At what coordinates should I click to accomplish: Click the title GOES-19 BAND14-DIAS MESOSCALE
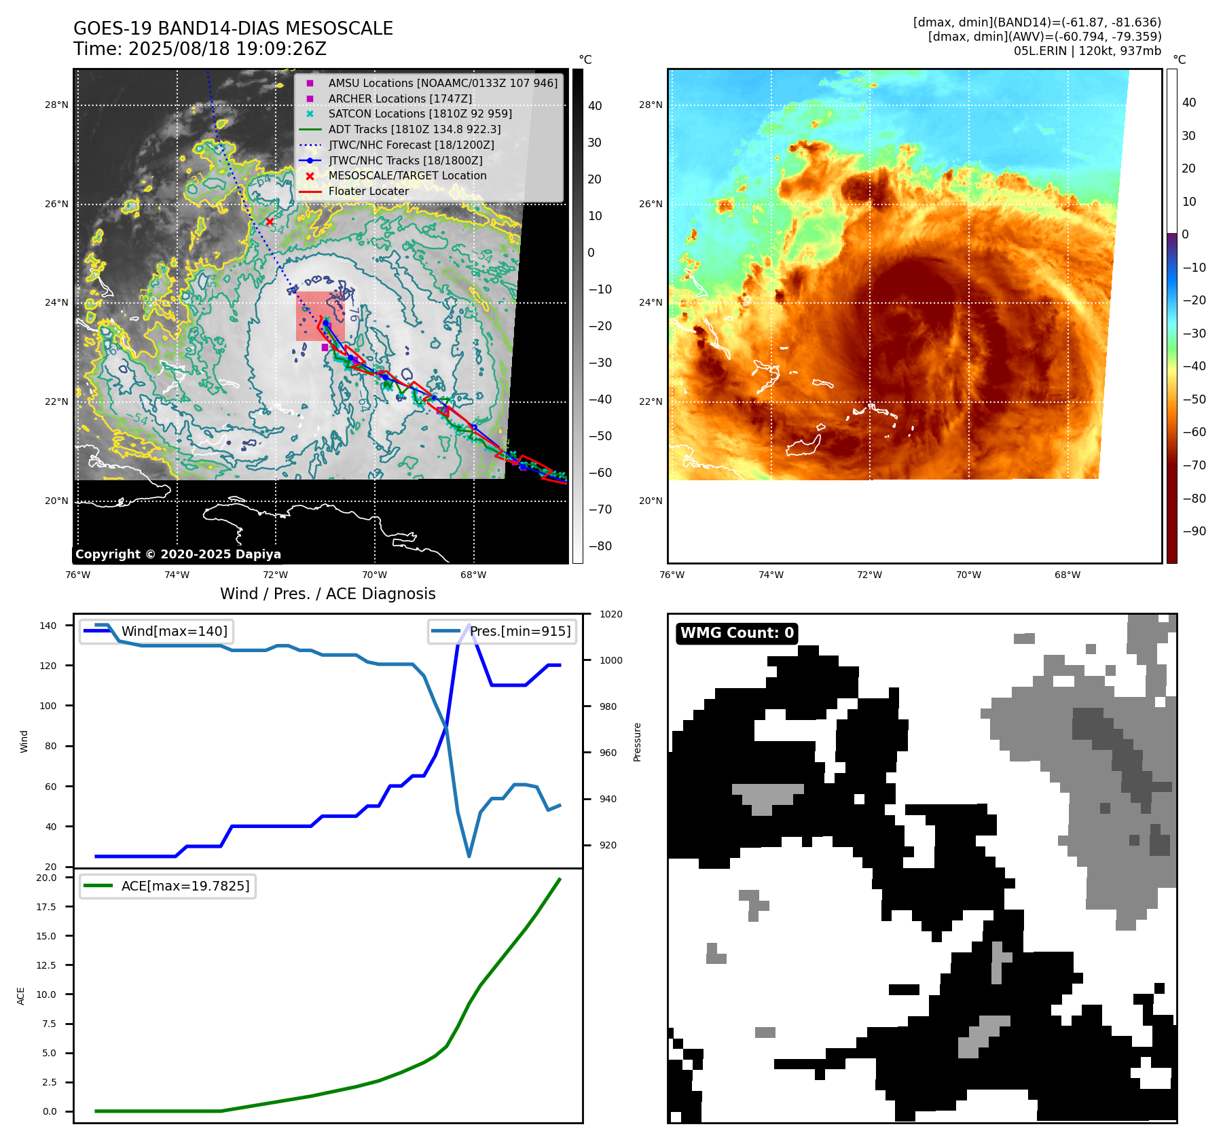pyautogui.click(x=233, y=29)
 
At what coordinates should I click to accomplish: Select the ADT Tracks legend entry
pyautogui.click(x=414, y=129)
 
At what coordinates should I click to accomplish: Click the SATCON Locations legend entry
pyautogui.click(x=420, y=113)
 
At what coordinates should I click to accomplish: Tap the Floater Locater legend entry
pyautogui.click(x=368, y=191)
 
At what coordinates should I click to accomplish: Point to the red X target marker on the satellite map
pyautogui.click(x=270, y=221)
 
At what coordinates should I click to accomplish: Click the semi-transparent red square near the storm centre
pyautogui.click(x=320, y=316)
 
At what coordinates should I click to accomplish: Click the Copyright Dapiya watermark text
pyautogui.click(x=178, y=554)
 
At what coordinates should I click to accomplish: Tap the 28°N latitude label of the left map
pyautogui.click(x=56, y=105)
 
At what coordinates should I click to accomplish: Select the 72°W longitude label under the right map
pyautogui.click(x=869, y=575)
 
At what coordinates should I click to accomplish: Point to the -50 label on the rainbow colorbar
pyautogui.click(x=1194, y=399)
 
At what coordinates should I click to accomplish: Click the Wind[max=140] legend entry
pyautogui.click(x=174, y=631)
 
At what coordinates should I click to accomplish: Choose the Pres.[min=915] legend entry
pyautogui.click(x=519, y=631)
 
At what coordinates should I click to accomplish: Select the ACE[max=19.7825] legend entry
pyautogui.click(x=185, y=886)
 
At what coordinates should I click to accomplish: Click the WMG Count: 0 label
pyautogui.click(x=737, y=633)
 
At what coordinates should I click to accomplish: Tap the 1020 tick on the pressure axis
pyautogui.click(x=610, y=614)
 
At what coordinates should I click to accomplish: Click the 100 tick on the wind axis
pyautogui.click(x=48, y=706)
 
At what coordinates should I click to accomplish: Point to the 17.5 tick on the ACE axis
pyautogui.click(x=46, y=907)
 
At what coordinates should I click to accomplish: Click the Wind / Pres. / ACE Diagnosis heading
pyautogui.click(x=327, y=594)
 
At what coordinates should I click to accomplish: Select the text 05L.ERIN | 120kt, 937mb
pyautogui.click(x=1087, y=51)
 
